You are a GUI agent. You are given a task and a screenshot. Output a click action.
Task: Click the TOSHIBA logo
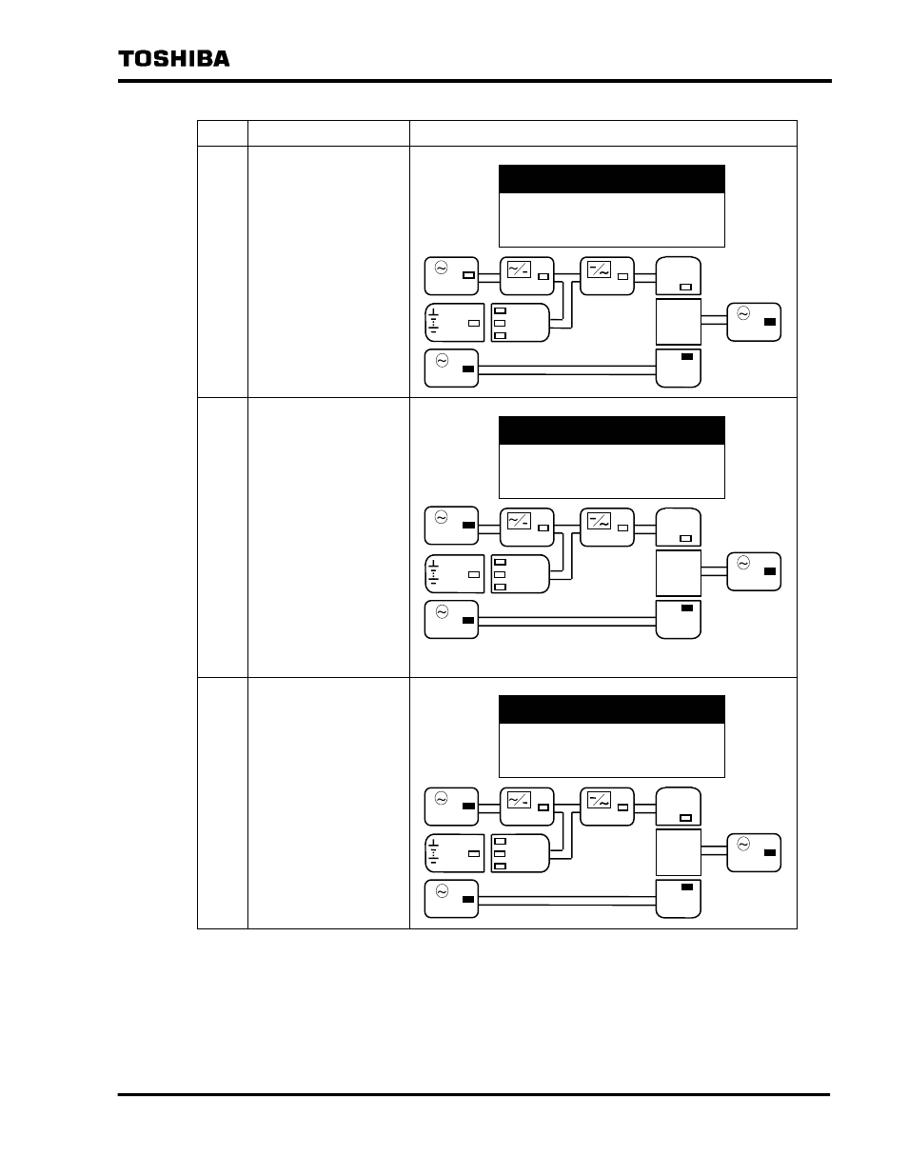coord(174,58)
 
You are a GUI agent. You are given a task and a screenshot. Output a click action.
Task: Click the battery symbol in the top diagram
coord(434,322)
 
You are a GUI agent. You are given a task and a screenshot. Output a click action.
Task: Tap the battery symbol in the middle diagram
coord(434,572)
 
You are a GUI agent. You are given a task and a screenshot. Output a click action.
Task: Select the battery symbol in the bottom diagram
coord(434,851)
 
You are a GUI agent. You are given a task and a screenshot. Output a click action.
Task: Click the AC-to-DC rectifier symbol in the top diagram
coord(519,269)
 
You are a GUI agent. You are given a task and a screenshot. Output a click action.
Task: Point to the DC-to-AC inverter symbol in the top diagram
coord(599,269)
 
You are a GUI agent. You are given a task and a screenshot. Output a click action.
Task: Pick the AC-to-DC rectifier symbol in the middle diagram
coord(519,521)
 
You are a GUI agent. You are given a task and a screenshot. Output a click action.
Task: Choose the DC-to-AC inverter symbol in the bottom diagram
coord(599,800)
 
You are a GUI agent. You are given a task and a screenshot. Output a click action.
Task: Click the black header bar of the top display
coord(611,179)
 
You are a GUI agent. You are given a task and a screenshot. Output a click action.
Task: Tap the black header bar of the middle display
coord(611,430)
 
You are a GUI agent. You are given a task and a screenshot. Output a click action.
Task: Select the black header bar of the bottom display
coord(611,709)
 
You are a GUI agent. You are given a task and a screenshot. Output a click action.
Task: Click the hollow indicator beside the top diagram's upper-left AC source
coord(467,276)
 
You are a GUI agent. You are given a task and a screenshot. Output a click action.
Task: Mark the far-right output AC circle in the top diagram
coord(742,312)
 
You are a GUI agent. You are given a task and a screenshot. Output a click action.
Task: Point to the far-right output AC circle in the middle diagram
coord(742,564)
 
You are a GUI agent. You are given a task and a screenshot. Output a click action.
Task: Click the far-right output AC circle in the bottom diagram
coord(742,843)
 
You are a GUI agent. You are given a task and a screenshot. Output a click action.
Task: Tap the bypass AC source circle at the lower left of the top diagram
coord(441,360)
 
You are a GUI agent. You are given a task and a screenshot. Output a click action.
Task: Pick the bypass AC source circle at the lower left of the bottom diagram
coord(441,891)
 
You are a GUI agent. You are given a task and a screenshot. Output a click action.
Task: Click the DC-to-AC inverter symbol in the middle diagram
coord(599,521)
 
